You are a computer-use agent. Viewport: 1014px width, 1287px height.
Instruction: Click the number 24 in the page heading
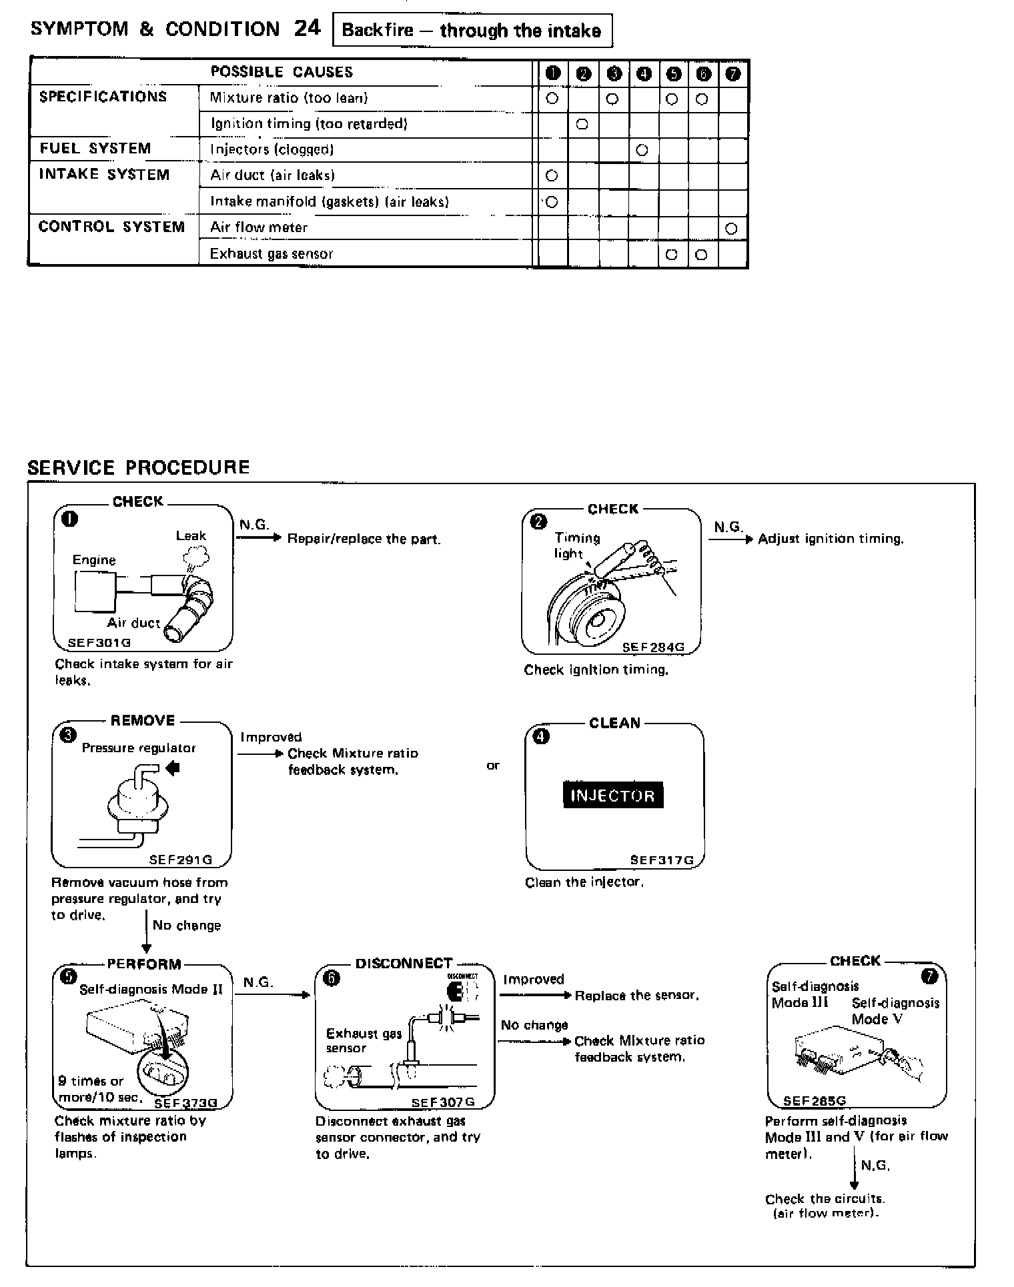tap(307, 28)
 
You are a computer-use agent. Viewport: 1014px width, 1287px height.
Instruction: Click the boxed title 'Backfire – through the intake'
tap(472, 31)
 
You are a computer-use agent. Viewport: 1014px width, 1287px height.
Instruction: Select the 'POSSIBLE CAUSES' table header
tap(282, 72)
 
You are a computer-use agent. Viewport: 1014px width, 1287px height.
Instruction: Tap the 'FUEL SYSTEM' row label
tap(95, 149)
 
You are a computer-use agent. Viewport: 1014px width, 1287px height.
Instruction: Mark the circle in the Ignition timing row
tap(582, 124)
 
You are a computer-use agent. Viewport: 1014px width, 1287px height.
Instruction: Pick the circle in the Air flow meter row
tap(731, 229)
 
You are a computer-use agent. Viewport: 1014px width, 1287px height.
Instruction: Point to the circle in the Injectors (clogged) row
tap(642, 150)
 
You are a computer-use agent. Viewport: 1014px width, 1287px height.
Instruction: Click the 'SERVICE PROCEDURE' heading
tap(139, 467)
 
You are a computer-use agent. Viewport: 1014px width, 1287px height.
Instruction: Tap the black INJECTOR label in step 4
tap(613, 795)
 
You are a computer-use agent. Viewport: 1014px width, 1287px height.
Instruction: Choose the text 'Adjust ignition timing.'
tap(831, 539)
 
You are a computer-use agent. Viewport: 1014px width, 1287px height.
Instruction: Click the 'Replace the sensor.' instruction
tap(636, 996)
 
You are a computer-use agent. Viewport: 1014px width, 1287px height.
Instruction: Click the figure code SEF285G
tap(814, 1101)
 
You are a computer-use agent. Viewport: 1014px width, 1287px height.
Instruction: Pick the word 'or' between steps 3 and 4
tap(492, 766)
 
